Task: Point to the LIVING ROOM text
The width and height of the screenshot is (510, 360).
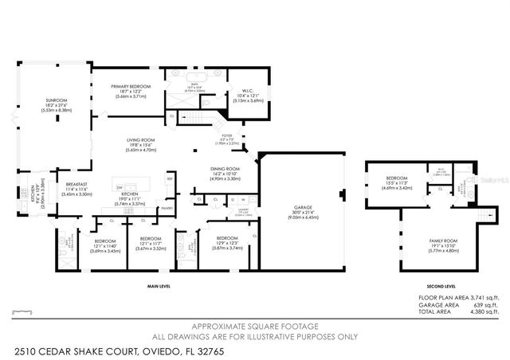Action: pyautogui.click(x=141, y=140)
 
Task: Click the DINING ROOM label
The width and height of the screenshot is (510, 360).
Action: pyautogui.click(x=225, y=169)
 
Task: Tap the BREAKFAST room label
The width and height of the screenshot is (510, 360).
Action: pyautogui.click(x=76, y=184)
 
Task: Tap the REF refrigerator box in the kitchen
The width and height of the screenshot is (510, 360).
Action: pyautogui.click(x=170, y=179)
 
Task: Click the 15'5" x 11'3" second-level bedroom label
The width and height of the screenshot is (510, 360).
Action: pyautogui.click(x=396, y=178)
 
